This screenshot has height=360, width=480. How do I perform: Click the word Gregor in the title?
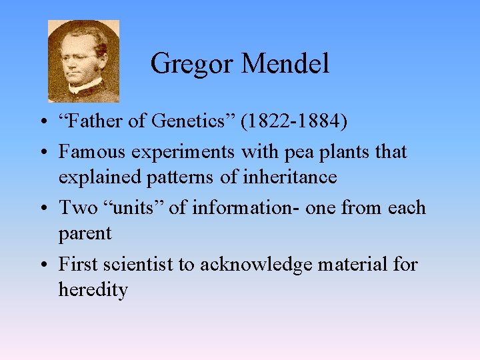click(192, 65)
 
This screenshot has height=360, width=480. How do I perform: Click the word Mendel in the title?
click(285, 64)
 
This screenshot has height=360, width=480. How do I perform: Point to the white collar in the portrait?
click(85, 87)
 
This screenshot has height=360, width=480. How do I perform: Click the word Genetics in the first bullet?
click(193, 123)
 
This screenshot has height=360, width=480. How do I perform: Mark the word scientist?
click(144, 264)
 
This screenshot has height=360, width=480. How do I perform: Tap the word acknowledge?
click(257, 264)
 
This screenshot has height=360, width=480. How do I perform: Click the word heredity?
click(93, 290)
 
